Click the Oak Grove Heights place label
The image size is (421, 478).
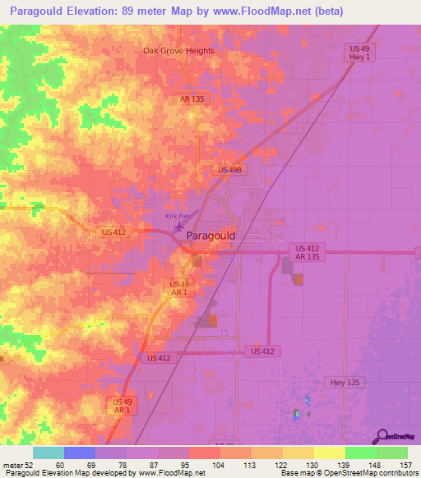coord(178,51)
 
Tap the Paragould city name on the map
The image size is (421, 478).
coord(211,236)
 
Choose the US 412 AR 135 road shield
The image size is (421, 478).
coord(307,252)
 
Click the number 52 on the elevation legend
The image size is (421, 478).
coord(28,465)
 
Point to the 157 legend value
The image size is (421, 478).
coord(405,465)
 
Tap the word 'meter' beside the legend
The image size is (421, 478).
coord(12,465)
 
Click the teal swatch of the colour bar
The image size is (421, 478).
coord(49,453)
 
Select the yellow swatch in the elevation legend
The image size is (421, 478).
coord(329,453)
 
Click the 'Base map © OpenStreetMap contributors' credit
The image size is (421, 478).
coord(348,474)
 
